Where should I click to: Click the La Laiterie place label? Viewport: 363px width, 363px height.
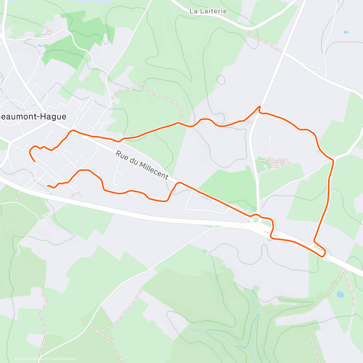[x=208, y=11]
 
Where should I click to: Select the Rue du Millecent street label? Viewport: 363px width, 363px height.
[x=142, y=165]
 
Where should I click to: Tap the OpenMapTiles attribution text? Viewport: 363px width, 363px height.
[x=29, y=359]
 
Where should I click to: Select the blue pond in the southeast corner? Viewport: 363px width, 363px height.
[x=340, y=294]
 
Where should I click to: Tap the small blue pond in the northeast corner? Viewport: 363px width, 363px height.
[x=346, y=32]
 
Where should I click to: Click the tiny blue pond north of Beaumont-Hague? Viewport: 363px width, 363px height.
[x=40, y=46]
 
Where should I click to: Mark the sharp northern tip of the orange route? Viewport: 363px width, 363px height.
[x=259, y=106]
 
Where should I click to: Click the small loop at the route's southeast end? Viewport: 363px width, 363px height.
[x=322, y=252]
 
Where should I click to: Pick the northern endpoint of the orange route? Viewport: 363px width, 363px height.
[x=35, y=162]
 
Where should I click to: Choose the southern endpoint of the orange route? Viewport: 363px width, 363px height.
[x=48, y=185]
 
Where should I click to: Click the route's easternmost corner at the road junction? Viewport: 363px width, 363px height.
[x=334, y=159]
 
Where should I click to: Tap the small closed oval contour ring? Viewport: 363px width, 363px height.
[x=221, y=80]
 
